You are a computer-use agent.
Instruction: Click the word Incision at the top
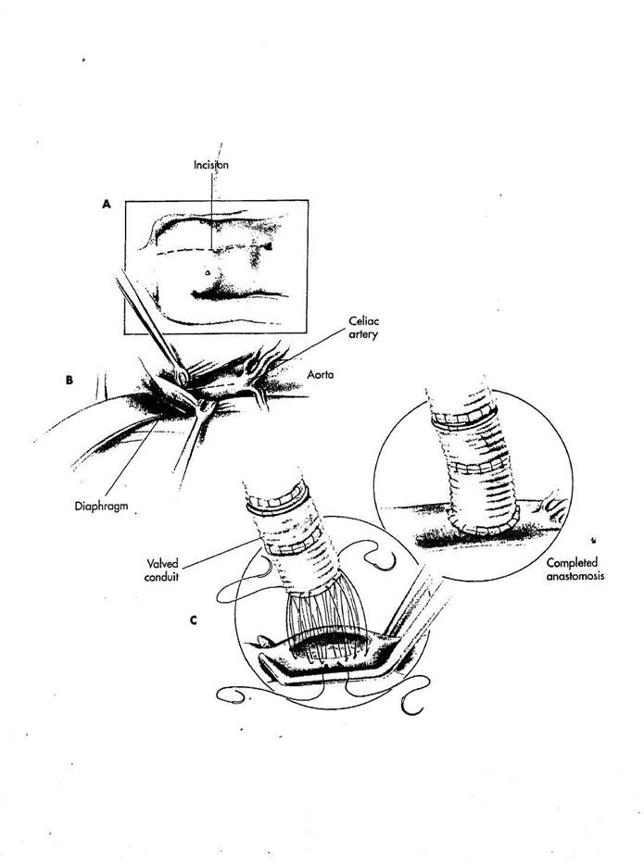[x=212, y=164]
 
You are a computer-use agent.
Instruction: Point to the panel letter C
[x=193, y=620]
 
